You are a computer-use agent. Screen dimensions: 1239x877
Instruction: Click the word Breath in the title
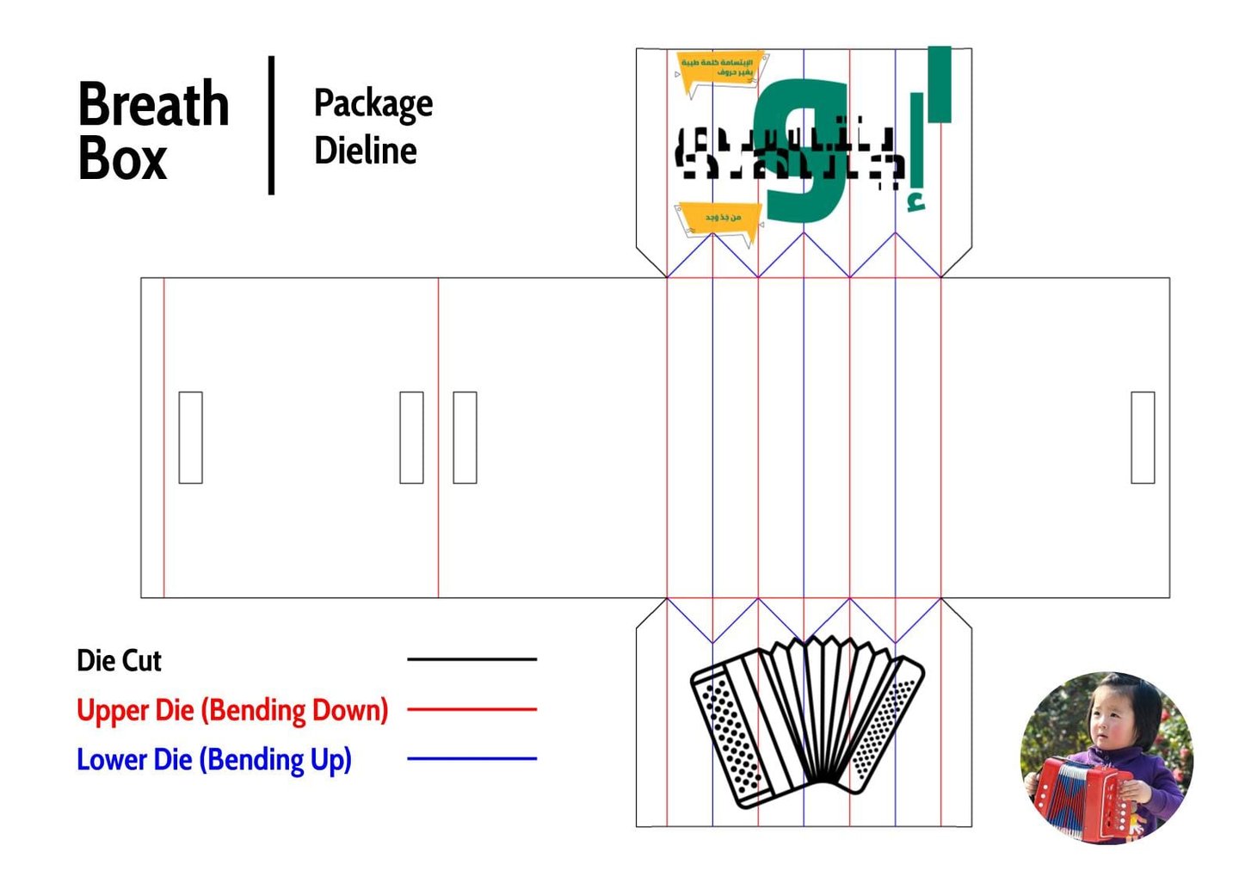pos(153,105)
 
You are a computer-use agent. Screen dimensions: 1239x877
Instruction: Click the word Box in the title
pos(122,160)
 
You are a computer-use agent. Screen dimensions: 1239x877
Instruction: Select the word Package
pos(373,104)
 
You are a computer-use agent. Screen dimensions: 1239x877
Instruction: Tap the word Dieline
pos(365,151)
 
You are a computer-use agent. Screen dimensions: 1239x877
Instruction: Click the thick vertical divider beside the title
pos(272,126)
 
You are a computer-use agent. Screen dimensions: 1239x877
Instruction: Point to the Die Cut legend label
pos(119,661)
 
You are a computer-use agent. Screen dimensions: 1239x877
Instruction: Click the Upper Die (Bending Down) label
pos(232,711)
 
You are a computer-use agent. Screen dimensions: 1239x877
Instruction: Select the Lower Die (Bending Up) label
pos(214,760)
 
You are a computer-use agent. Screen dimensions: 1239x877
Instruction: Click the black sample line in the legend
pos(472,659)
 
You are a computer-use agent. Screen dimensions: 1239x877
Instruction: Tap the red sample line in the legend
pos(472,709)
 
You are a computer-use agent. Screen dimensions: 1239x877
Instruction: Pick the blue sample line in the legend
pos(472,759)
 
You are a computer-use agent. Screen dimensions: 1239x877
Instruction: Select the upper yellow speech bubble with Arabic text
pos(718,71)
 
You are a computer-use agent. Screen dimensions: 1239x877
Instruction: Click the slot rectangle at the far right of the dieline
pos(1143,437)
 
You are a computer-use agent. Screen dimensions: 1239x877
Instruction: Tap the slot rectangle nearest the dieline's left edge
pos(190,437)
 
